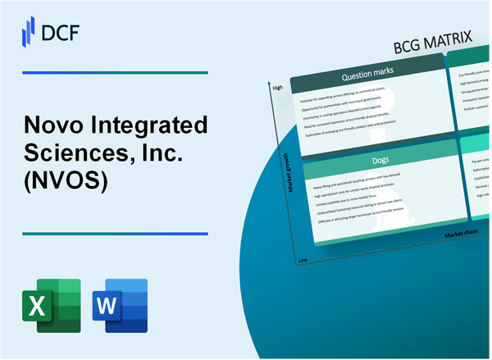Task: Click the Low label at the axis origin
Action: point(304,260)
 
